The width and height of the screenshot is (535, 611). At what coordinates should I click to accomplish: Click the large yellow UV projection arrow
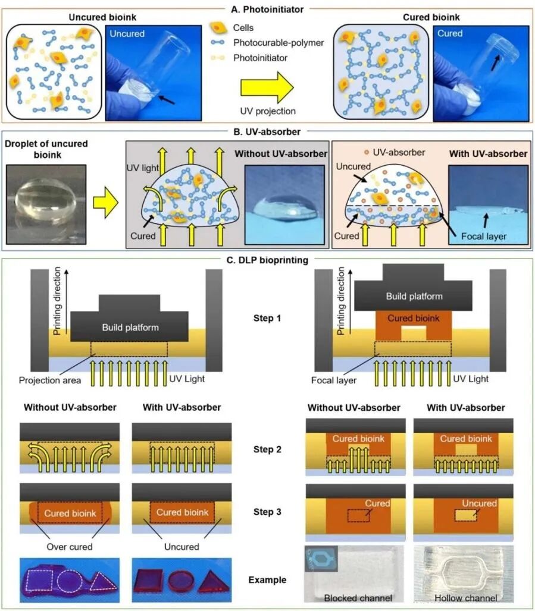click(266, 87)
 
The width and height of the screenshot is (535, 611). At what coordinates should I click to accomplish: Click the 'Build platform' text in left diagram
click(130, 327)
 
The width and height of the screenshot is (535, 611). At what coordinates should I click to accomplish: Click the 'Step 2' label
click(267, 449)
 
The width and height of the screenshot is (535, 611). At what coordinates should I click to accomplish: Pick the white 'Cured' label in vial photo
click(450, 33)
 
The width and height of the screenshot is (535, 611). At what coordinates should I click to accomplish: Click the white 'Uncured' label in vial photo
click(127, 34)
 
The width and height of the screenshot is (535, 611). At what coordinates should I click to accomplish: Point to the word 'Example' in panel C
click(267, 579)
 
